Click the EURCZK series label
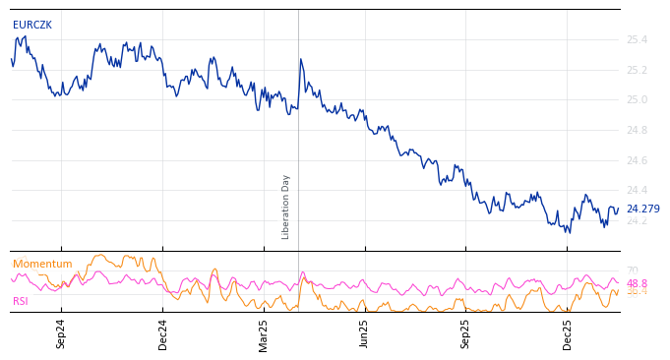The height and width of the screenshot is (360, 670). (32, 26)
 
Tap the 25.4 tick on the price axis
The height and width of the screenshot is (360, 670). (637, 39)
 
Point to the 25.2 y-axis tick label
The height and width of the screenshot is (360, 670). (637, 70)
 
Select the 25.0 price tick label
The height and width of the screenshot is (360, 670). (637, 99)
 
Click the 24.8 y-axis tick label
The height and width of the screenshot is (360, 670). (637, 130)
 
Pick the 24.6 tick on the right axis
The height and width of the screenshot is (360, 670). (637, 160)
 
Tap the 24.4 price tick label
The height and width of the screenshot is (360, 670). (637, 190)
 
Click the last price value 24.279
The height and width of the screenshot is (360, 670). (642, 210)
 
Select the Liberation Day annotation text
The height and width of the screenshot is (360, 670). (286, 207)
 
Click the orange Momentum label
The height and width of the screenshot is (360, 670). (42, 265)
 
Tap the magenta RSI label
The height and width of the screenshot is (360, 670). (21, 302)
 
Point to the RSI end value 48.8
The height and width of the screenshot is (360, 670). (637, 283)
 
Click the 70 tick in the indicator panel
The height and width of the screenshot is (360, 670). (633, 270)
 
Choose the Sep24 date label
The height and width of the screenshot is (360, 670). (61, 333)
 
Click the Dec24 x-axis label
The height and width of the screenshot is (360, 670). (163, 333)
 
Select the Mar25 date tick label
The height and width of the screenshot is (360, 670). (264, 333)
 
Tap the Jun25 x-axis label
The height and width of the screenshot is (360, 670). (364, 333)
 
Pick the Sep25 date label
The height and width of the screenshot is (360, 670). (465, 333)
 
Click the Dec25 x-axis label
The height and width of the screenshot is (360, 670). (568, 333)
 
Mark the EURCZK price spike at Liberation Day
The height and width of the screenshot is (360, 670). (300, 59)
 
